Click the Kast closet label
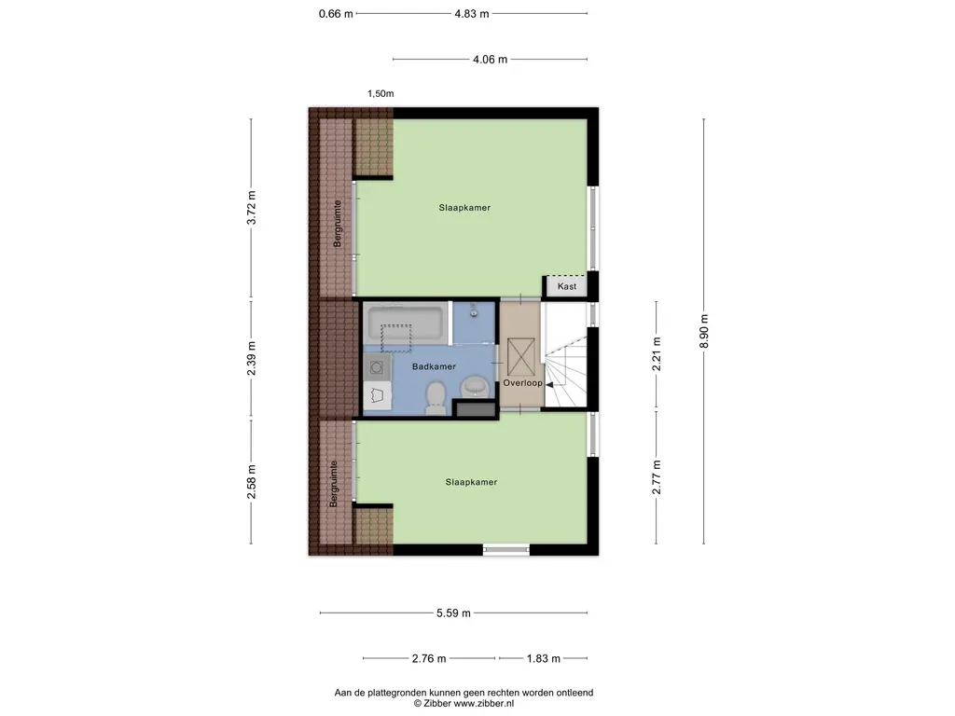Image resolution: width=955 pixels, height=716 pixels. pyautogui.click(x=566, y=286)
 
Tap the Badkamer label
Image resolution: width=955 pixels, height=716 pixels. pyautogui.click(x=434, y=366)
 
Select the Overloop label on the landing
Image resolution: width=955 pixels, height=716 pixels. pyautogui.click(x=522, y=383)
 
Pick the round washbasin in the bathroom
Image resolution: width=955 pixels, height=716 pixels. pyautogui.click(x=475, y=386)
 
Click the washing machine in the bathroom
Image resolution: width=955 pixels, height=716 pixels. pyautogui.click(x=377, y=367)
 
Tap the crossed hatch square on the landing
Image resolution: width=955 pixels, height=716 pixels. pyautogui.click(x=520, y=357)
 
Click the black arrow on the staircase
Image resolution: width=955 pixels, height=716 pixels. pyautogui.click(x=549, y=385)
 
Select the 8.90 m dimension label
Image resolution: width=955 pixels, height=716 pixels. pyautogui.click(x=704, y=331)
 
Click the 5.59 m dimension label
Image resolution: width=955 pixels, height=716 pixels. pyautogui.click(x=453, y=613)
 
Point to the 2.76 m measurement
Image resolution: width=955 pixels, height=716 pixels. pyautogui.click(x=429, y=659)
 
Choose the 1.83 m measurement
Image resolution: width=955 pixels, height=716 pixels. pyautogui.click(x=544, y=659)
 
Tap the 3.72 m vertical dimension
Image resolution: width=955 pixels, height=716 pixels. pyautogui.click(x=252, y=208)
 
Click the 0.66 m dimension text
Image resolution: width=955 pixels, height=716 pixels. pyautogui.click(x=336, y=13)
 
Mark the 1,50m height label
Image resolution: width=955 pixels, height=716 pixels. pyautogui.click(x=381, y=94)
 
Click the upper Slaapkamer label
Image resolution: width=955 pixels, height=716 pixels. pyautogui.click(x=464, y=208)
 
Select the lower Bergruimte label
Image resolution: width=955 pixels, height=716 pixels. pyautogui.click(x=333, y=484)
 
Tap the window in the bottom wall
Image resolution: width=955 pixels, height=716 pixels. pyautogui.click(x=506, y=550)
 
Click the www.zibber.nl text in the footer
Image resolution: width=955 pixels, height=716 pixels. pyautogui.click(x=484, y=703)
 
